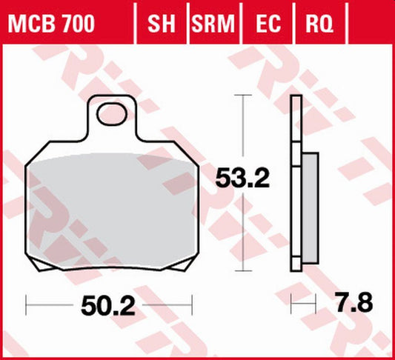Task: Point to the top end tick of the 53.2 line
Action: pyautogui.click(x=239, y=96)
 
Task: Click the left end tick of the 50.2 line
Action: pyautogui.click(x=26, y=302)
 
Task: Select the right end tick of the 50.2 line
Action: pyautogui.click(x=192, y=302)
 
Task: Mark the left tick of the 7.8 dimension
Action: pyautogui.click(x=292, y=302)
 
